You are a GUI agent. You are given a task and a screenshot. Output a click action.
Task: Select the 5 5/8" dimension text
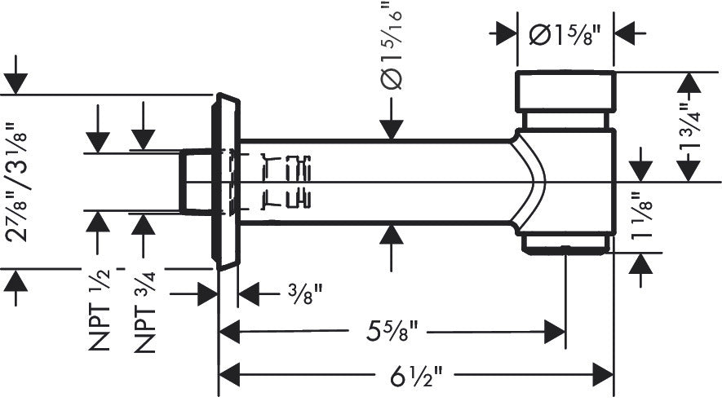tap(391, 332)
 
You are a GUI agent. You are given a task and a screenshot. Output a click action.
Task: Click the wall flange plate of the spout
tap(226, 181)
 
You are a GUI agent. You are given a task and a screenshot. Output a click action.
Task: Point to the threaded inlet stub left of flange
tap(195, 181)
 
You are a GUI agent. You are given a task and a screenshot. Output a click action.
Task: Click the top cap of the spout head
tap(565, 90)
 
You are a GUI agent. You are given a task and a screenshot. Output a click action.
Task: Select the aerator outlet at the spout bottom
tap(565, 242)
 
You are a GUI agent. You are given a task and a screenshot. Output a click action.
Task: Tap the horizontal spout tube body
tap(375, 181)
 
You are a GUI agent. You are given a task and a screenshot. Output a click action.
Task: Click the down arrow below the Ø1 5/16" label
tap(392, 126)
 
